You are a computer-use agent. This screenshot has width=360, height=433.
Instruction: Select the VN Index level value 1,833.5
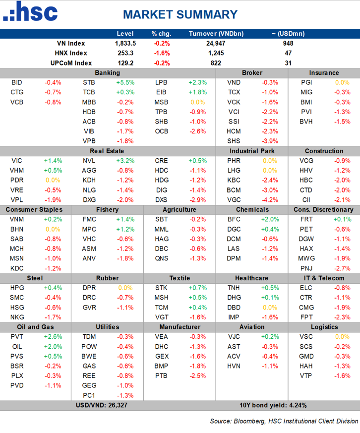(x=125, y=43)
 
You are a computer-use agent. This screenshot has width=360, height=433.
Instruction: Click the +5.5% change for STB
(x=125, y=82)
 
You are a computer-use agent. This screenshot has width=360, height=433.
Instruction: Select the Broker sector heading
(x=252, y=73)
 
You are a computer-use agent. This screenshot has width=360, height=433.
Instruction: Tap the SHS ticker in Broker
(x=234, y=141)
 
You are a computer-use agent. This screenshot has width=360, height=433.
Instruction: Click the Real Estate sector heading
(x=107, y=151)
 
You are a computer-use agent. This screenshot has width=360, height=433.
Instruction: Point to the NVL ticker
(x=89, y=161)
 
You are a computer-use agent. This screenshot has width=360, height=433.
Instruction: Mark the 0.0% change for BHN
(x=53, y=229)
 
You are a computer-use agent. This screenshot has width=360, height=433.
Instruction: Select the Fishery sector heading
(x=107, y=209)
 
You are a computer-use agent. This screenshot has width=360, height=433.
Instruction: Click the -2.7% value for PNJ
(x=342, y=268)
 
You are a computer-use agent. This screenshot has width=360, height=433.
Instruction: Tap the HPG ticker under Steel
(x=17, y=288)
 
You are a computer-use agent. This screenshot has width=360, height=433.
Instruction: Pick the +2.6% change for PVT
(x=53, y=337)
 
